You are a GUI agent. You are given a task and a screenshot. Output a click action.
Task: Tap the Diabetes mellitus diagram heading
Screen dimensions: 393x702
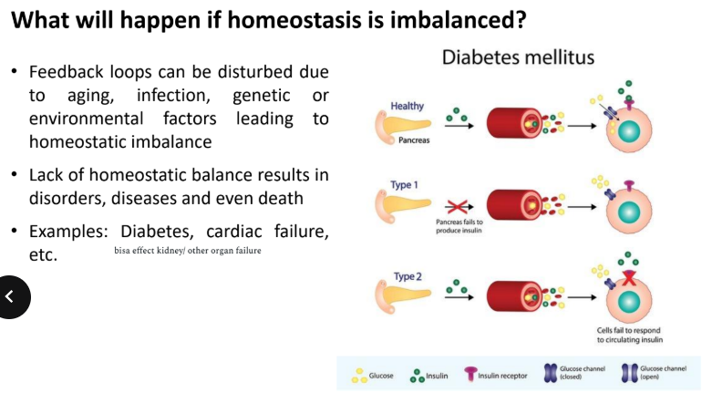tap(518, 57)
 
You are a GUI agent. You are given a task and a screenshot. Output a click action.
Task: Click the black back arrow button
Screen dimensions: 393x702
tap(10, 295)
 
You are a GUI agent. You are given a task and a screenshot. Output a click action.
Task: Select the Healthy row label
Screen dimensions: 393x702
tap(407, 107)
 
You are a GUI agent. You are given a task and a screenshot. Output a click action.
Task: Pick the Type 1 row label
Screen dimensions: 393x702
tap(404, 185)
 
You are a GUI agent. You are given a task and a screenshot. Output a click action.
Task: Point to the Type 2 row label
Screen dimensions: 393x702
tap(407, 276)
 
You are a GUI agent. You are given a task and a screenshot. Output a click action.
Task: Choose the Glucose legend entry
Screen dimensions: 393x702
tap(374, 375)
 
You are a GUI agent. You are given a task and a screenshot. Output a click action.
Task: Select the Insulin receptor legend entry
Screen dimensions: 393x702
tap(496, 375)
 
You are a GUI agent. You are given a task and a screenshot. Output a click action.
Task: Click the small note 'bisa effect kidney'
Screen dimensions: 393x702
tap(187, 250)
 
